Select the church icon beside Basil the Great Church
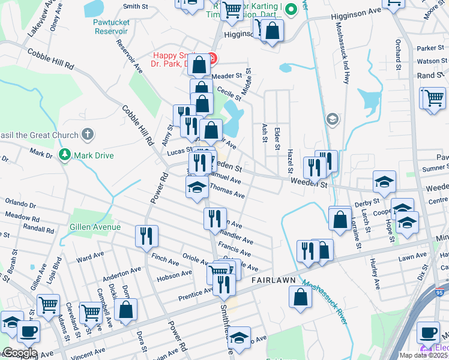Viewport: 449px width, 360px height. click(88, 134)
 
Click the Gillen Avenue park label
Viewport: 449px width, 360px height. click(95, 227)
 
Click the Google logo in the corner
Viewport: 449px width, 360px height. click(20, 353)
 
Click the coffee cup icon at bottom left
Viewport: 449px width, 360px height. click(28, 331)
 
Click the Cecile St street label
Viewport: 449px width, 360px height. click(229, 91)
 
